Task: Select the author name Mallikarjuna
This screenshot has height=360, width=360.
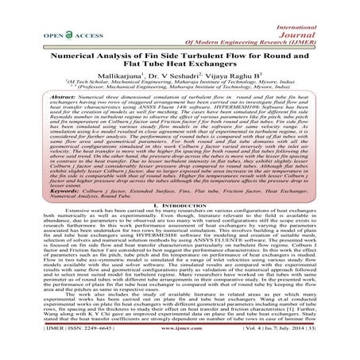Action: tap(112, 81)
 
